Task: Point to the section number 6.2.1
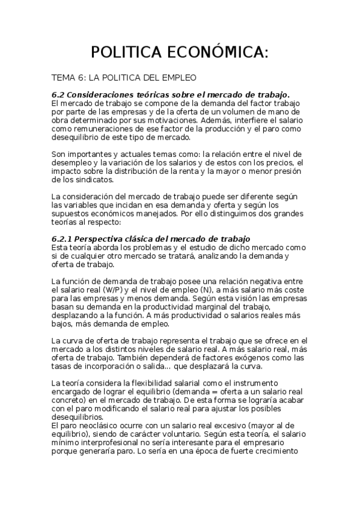(63, 239)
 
